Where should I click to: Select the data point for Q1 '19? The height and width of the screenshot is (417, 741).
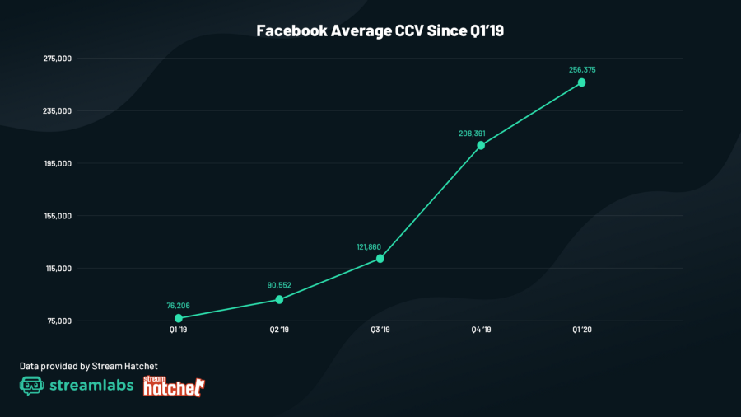click(x=179, y=318)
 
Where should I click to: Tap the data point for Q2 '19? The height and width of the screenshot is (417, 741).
click(x=279, y=299)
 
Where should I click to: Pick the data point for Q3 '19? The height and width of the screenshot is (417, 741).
click(x=380, y=259)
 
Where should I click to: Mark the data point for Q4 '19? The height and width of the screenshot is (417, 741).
click(x=481, y=145)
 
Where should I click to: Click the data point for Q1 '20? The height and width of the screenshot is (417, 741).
click(x=582, y=82)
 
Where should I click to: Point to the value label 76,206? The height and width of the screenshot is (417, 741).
click(x=179, y=306)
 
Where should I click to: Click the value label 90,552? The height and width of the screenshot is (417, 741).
click(x=280, y=285)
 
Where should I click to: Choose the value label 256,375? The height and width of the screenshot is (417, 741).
click(x=582, y=70)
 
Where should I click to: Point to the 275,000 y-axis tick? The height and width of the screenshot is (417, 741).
click(x=58, y=59)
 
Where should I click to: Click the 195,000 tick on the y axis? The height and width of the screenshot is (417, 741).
click(x=58, y=163)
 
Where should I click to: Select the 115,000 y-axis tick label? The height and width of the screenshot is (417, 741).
click(x=58, y=269)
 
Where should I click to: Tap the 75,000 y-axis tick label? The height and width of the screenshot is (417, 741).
click(x=60, y=321)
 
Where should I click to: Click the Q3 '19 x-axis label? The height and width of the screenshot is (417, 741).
click(x=380, y=330)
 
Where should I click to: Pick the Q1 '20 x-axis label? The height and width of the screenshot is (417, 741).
click(x=582, y=330)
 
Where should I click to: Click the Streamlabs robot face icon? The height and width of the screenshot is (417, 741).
click(x=31, y=386)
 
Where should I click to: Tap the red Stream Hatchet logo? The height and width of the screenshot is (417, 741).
click(x=174, y=386)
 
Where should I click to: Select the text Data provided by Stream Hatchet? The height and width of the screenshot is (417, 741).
click(x=88, y=365)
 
